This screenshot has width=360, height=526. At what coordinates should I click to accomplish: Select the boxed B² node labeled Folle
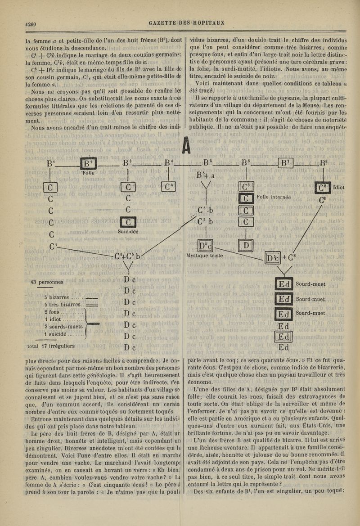tap(87, 163)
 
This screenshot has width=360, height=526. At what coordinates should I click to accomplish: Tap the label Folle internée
tap(276, 197)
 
